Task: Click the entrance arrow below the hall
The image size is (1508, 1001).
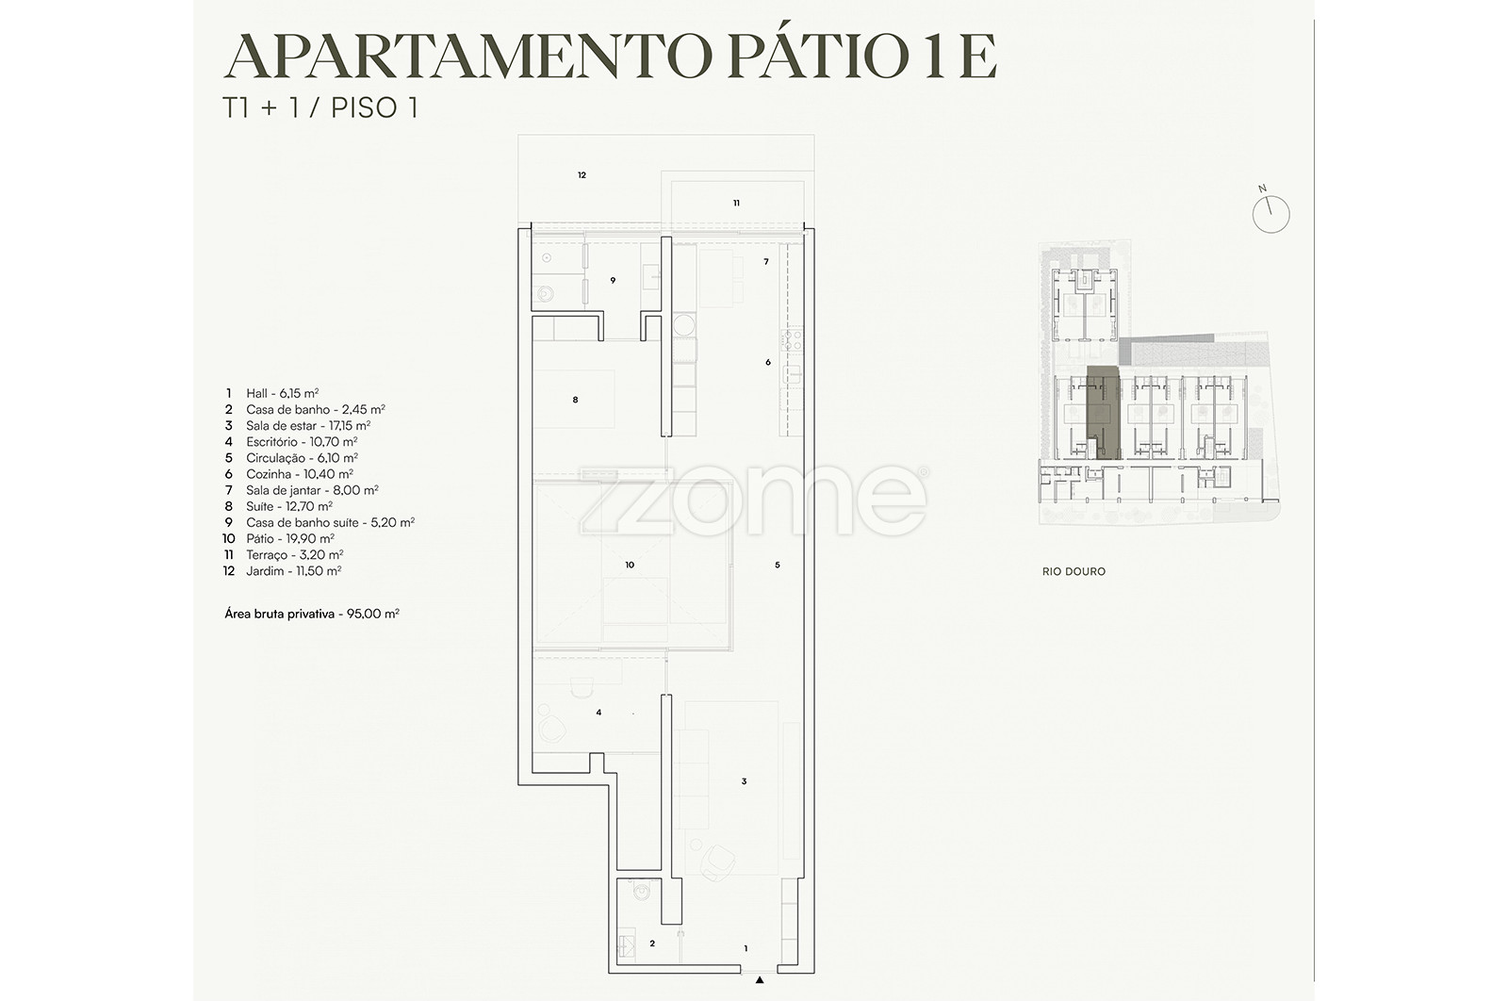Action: click(760, 980)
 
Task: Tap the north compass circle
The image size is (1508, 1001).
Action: click(1271, 215)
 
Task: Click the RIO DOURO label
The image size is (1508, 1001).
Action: click(1074, 571)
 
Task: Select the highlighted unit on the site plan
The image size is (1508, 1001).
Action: click(1103, 414)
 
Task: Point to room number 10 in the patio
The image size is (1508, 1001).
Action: click(630, 565)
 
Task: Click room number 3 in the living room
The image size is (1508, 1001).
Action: click(744, 781)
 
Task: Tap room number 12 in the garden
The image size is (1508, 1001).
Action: click(582, 175)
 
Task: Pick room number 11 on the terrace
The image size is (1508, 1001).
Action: click(736, 203)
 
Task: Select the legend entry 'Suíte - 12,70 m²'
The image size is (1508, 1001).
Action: click(289, 506)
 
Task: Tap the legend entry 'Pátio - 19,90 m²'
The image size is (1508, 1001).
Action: click(290, 538)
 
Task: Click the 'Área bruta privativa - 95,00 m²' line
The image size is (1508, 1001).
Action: click(312, 614)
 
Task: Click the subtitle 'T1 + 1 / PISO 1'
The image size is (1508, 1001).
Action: click(320, 107)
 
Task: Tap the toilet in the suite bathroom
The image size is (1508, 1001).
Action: click(545, 294)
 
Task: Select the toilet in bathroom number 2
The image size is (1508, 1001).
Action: click(642, 890)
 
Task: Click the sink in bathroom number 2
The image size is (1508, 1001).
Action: click(626, 947)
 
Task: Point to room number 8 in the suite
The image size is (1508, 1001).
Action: click(575, 400)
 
